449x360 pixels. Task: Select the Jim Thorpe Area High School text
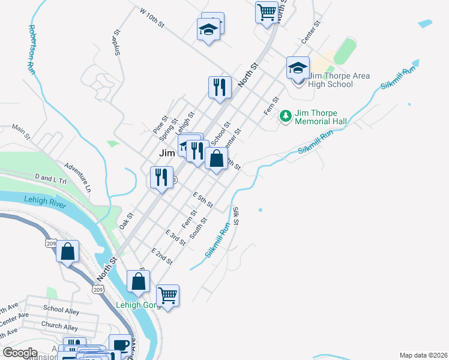click(339, 80)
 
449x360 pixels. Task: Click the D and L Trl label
click(53, 178)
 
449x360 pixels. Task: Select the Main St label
click(21, 132)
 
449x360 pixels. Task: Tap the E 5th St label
click(203, 200)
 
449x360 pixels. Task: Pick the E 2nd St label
click(162, 256)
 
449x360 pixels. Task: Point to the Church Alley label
click(59, 327)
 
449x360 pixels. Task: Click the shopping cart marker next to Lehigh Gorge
click(167, 295)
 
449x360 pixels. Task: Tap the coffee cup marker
click(118, 345)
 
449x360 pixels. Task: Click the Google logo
click(20, 353)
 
